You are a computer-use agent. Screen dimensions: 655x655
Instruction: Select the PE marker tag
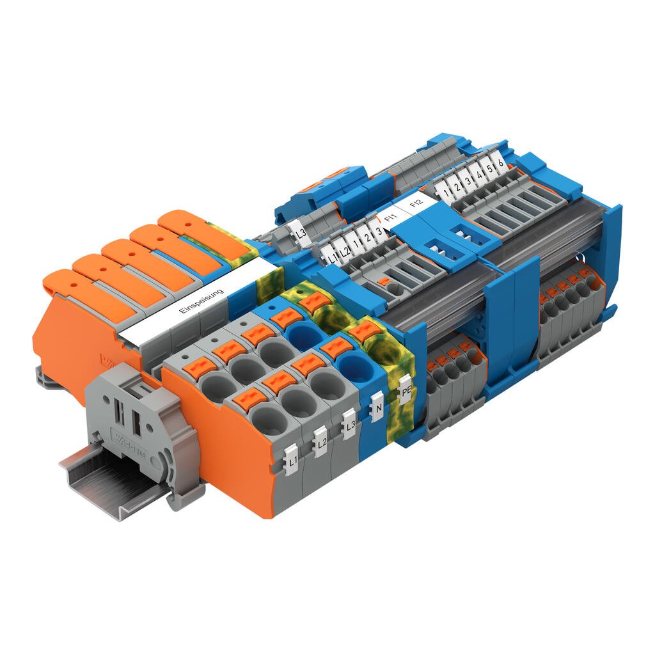coord(405,390)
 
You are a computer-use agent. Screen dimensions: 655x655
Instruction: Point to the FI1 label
coord(391,218)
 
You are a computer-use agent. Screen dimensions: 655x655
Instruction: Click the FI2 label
coord(416,205)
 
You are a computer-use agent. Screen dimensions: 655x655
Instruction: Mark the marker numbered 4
coord(478,174)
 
